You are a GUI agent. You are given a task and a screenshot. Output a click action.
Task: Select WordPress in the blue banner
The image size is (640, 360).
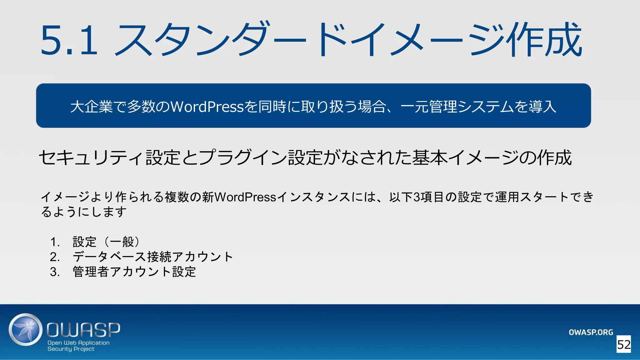point(207,107)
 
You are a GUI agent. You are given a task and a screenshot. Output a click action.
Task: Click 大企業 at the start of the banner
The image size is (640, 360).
point(91,107)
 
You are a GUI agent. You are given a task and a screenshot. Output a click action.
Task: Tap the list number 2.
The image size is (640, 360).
point(55,257)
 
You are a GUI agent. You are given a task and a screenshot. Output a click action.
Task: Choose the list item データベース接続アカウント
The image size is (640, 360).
point(153,257)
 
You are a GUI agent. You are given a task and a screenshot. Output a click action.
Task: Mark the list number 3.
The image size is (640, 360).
point(55,272)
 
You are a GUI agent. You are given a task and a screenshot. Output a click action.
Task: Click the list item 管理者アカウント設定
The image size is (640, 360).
point(134,272)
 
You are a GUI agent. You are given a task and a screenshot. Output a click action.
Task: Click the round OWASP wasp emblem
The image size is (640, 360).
point(26,330)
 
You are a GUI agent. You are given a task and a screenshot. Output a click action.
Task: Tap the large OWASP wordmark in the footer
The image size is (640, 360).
point(83,329)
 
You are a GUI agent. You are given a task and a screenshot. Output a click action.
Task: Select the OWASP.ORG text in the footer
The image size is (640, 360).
point(591,332)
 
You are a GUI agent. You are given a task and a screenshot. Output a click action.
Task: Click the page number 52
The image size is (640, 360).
point(624,345)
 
